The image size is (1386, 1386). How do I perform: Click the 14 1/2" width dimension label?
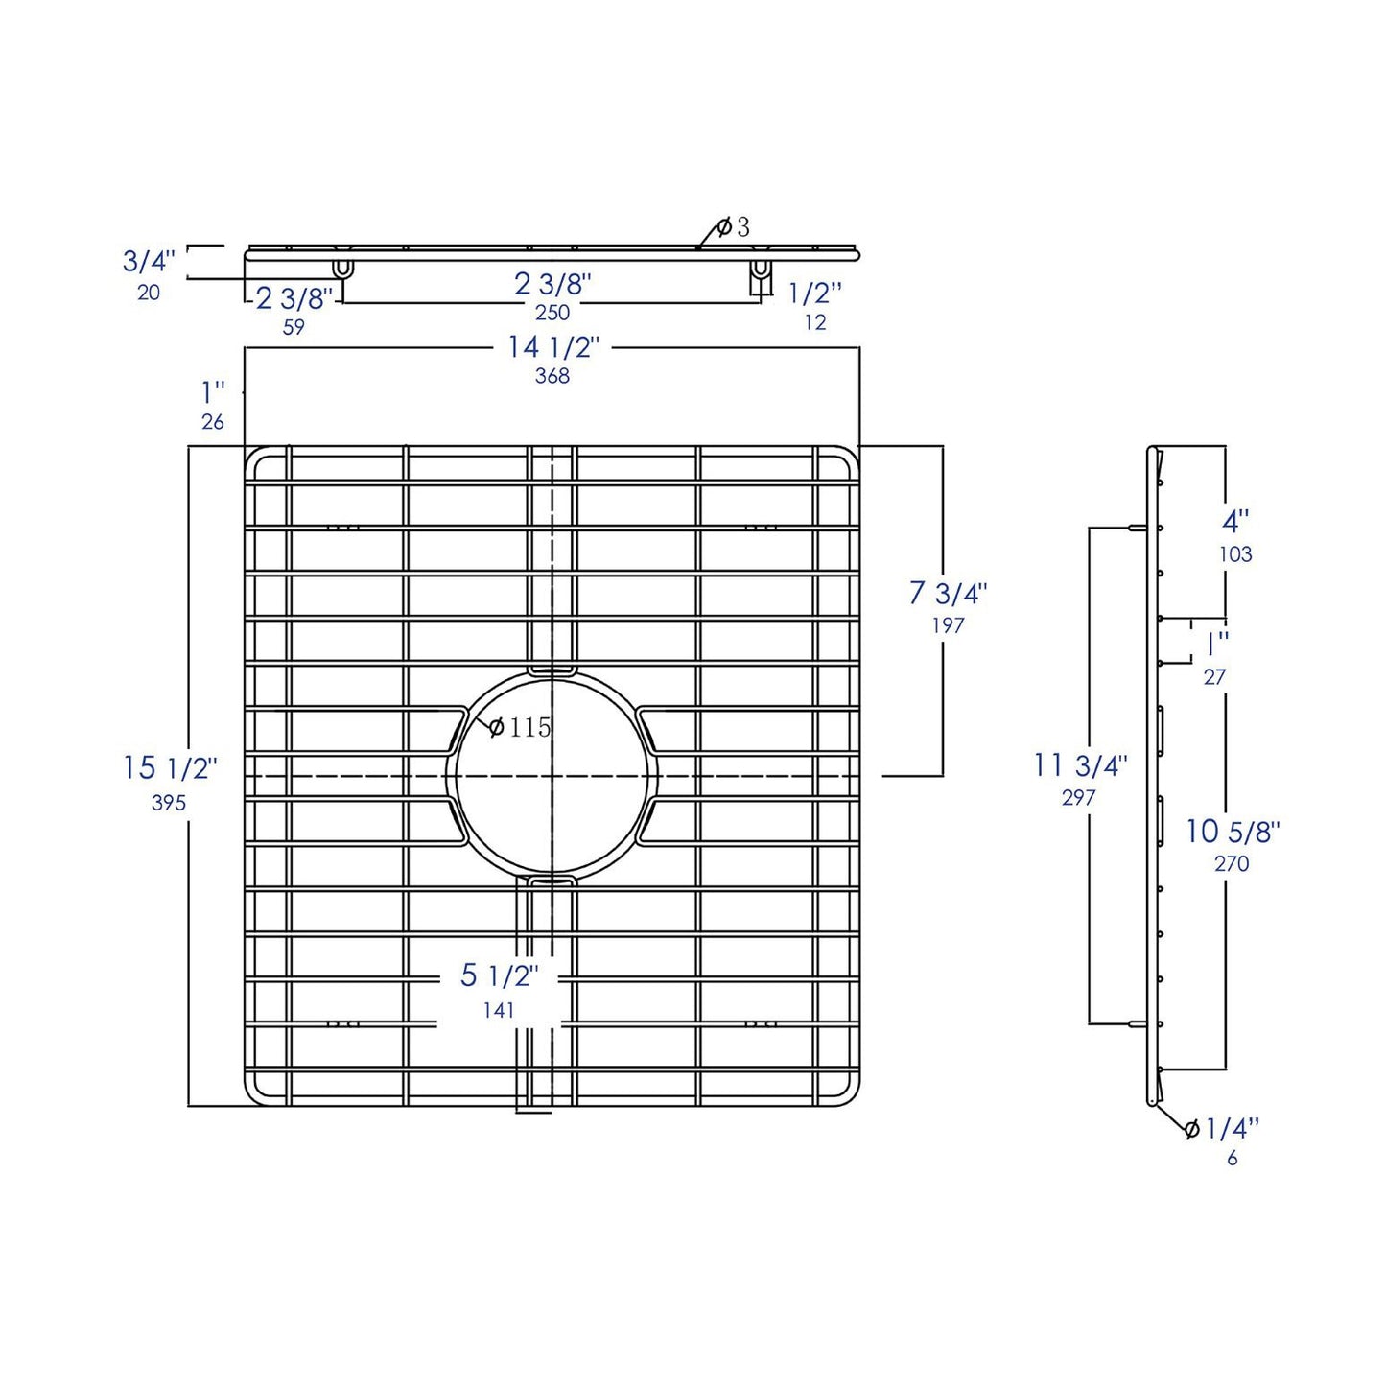point(552,347)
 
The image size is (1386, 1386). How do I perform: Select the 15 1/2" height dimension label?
point(170,768)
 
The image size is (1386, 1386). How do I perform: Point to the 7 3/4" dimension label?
point(948,594)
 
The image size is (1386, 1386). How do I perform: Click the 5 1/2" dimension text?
point(499,976)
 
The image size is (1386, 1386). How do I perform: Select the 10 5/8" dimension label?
point(1233,832)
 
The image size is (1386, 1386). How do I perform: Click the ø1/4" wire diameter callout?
point(1223,1129)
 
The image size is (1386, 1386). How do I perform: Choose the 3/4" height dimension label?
point(149,261)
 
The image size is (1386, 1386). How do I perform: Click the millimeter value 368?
point(552,376)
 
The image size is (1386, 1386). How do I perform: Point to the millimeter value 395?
point(169,803)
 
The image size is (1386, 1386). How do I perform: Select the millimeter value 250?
point(552,313)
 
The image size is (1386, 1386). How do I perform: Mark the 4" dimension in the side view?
point(1235,522)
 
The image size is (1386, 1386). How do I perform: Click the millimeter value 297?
point(1078,798)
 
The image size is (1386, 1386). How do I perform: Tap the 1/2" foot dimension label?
point(815,293)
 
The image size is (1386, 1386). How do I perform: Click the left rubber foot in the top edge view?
point(342,266)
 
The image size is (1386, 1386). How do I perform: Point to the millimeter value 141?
point(499,1010)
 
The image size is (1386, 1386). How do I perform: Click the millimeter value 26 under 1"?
point(213,422)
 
